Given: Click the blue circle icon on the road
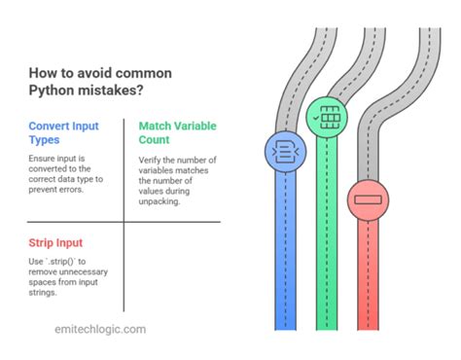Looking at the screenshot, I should pos(281,152).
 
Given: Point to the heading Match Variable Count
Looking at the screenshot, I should pos(178,126).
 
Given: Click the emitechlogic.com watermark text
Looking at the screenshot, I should pos(99,329).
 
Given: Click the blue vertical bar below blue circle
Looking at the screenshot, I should pos(281,253).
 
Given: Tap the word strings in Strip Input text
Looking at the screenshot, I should pos(45,293).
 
